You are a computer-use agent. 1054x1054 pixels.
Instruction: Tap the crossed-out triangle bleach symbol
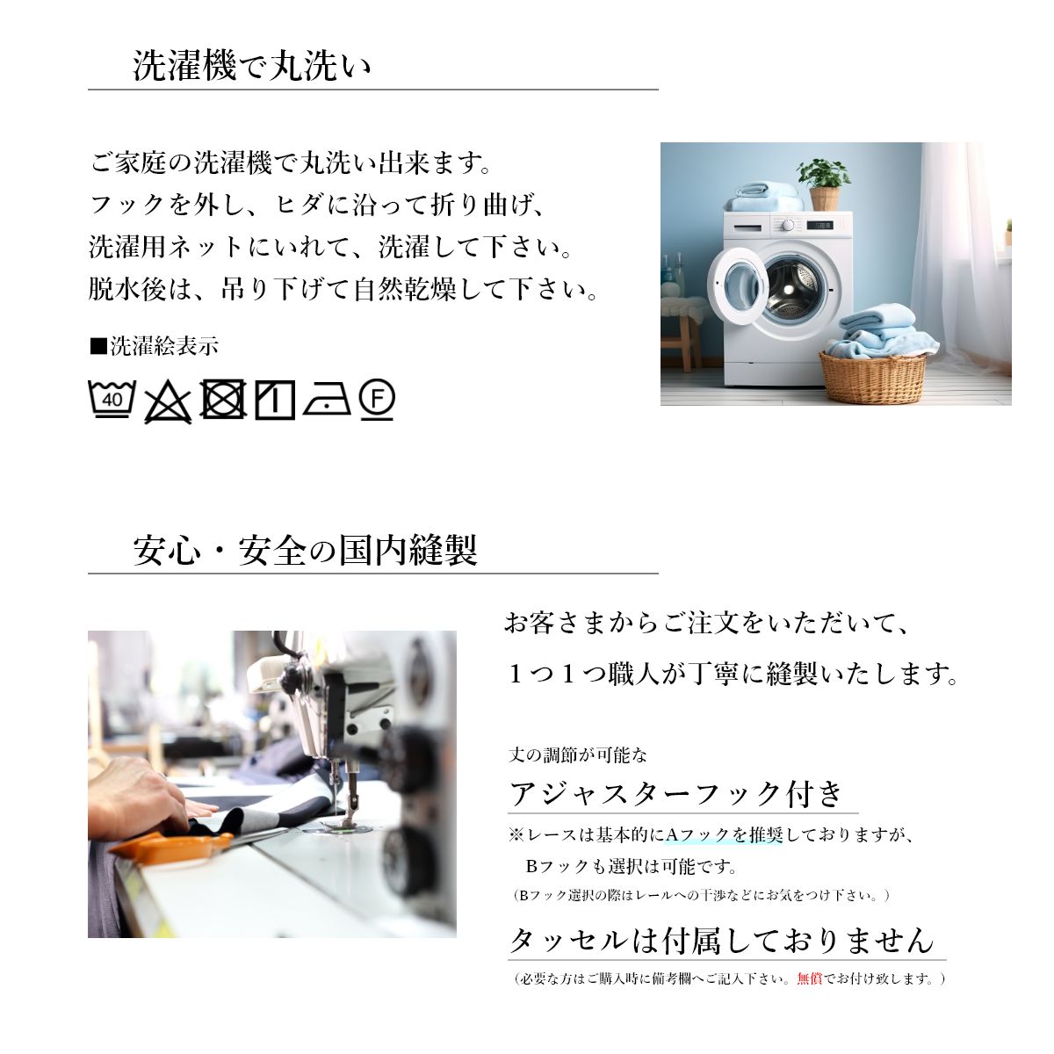[x=168, y=402]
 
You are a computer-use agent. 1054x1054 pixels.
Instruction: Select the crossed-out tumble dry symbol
[x=222, y=400]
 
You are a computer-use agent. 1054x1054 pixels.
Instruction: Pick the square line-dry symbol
[x=275, y=400]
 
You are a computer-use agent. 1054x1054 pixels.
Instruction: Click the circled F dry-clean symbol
[x=377, y=399]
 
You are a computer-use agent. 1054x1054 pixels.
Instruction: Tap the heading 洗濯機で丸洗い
[x=252, y=66]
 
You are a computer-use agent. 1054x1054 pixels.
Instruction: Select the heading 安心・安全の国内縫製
[x=305, y=550]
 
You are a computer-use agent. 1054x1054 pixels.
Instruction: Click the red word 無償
[x=810, y=978]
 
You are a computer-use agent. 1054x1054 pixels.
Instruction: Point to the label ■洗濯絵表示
[x=155, y=346]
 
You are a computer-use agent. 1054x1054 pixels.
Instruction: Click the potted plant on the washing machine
[x=823, y=184]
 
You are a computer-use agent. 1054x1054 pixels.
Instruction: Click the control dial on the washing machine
[x=788, y=225]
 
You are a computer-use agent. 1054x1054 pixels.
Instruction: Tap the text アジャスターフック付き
[x=676, y=794]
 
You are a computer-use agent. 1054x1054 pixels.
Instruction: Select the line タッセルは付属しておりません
[x=721, y=941]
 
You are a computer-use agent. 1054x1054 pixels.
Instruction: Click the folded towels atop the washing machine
[x=763, y=198]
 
